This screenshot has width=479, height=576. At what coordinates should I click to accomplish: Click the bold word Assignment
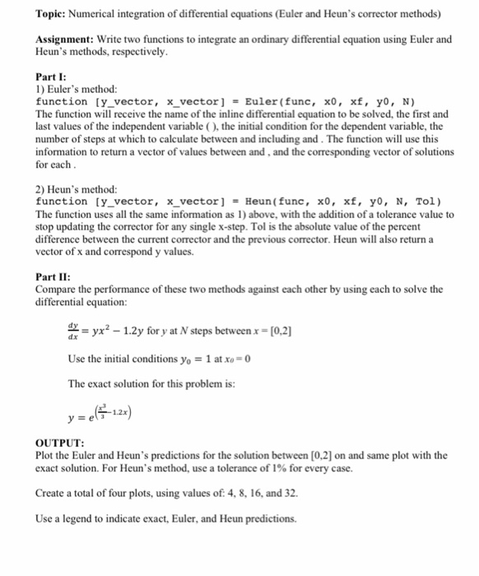click(67, 39)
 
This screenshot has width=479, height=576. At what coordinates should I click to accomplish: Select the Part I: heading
click(51, 77)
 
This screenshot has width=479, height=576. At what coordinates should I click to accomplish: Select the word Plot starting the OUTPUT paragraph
click(48, 455)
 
